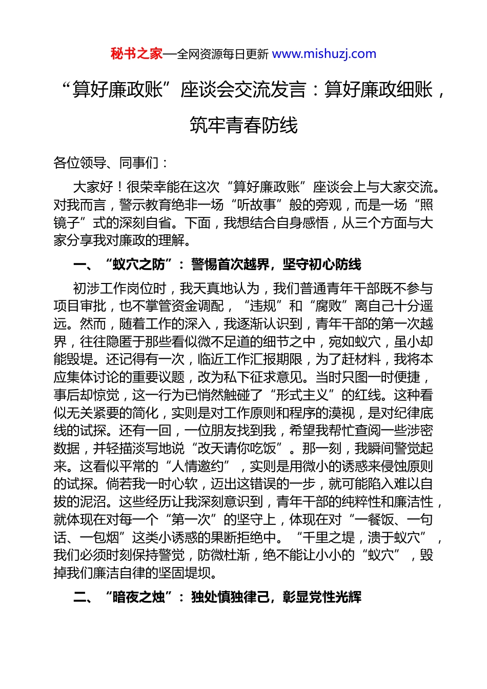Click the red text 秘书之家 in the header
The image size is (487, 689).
[x=136, y=54]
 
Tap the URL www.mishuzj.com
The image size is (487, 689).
[x=324, y=54]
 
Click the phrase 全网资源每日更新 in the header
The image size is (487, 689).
[x=222, y=54]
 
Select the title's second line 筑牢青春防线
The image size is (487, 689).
[x=243, y=125]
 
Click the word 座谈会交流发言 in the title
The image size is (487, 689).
[x=243, y=90]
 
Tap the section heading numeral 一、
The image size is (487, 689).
[x=83, y=265]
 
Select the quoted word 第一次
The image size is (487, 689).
[x=191, y=519]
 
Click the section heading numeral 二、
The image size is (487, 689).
[x=83, y=597]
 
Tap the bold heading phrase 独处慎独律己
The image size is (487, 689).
[x=230, y=597]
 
